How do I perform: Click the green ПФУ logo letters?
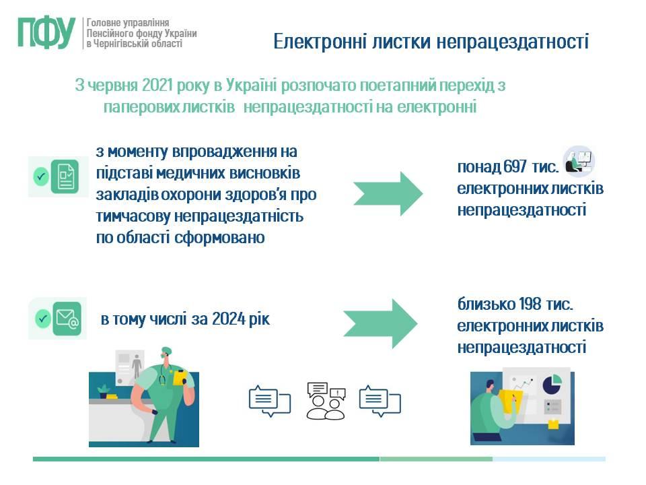tap(46, 33)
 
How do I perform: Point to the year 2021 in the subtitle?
tap(157, 86)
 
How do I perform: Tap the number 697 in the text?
tap(515, 166)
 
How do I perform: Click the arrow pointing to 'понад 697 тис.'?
tap(388, 193)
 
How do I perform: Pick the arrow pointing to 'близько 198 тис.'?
tap(380, 324)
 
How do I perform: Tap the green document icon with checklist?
tap(65, 176)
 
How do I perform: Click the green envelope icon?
tap(67, 319)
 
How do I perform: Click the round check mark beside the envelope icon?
tap(42, 319)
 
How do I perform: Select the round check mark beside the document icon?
tap(41, 176)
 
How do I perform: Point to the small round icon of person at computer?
tap(579, 161)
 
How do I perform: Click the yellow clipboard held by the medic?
tap(180, 377)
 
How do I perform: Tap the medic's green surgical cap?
tap(166, 350)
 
